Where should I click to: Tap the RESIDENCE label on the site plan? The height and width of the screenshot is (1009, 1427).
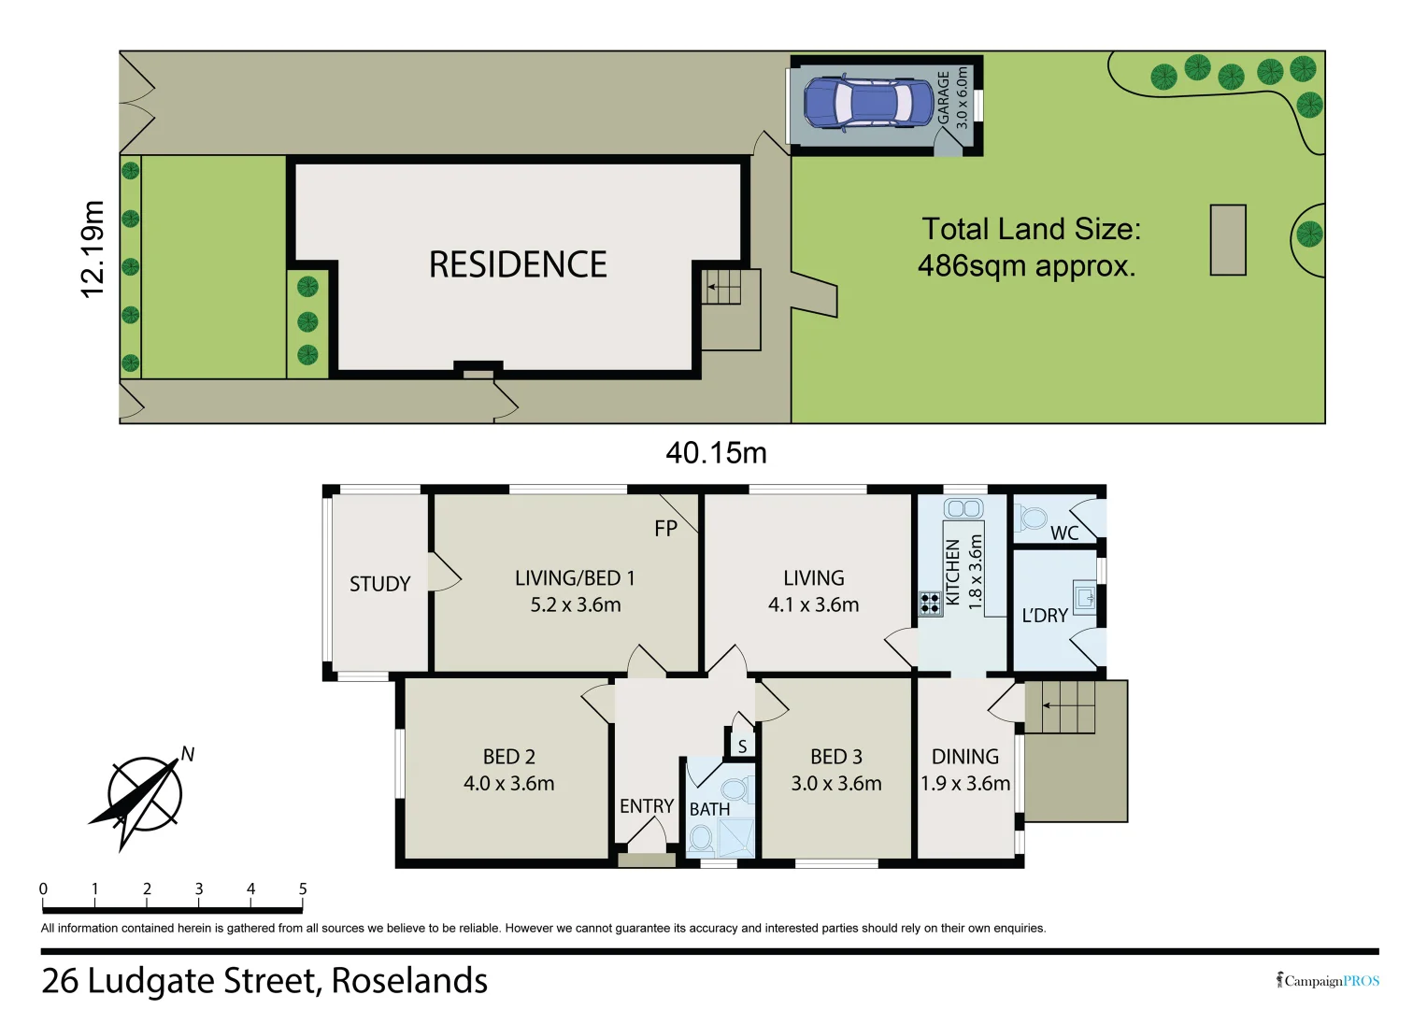click(518, 264)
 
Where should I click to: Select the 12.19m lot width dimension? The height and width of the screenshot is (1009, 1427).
click(93, 249)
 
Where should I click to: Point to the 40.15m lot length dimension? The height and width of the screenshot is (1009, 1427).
click(716, 453)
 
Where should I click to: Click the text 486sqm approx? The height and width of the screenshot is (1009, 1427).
click(1026, 266)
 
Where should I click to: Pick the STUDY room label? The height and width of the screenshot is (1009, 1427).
click(379, 584)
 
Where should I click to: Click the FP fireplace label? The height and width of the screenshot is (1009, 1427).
click(665, 529)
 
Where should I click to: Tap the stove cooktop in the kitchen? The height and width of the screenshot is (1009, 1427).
click(930, 603)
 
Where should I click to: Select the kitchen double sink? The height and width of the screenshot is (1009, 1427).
click(963, 508)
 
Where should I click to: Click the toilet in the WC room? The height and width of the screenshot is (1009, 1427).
click(1032, 517)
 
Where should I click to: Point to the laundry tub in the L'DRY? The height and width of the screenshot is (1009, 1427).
click(1084, 596)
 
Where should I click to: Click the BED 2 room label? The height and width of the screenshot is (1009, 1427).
click(509, 757)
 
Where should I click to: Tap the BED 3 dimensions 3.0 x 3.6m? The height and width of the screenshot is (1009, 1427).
click(836, 784)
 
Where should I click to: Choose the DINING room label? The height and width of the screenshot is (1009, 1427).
click(965, 757)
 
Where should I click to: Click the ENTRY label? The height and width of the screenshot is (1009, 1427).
click(646, 806)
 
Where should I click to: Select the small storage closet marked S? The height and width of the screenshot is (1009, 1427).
click(742, 746)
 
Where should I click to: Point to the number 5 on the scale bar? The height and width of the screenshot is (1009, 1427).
click(303, 889)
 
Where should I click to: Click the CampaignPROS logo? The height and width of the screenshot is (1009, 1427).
click(1328, 980)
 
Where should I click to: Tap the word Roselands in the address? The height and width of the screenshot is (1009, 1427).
click(409, 981)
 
